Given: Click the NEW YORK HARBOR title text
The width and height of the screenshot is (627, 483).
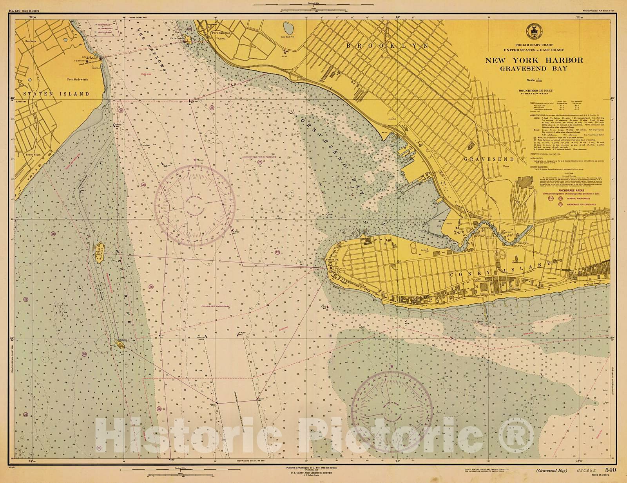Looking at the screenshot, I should click(x=534, y=60).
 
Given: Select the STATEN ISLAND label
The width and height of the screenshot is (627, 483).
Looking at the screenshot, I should click(x=56, y=94).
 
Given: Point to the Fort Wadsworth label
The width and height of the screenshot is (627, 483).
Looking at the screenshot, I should click(x=77, y=79).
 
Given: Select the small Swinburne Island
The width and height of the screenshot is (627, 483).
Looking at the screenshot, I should click(x=120, y=344).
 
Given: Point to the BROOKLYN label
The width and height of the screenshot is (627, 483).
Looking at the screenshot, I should click(x=387, y=46).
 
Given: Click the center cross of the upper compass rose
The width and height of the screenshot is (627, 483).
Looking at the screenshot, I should click(x=195, y=205).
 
